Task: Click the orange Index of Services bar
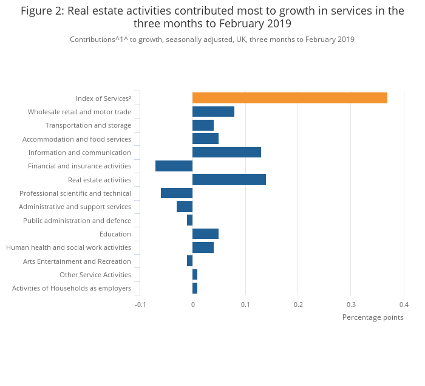click(x=290, y=98)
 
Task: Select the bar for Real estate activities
click(x=229, y=179)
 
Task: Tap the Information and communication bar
click(x=226, y=153)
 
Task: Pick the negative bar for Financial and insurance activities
click(x=174, y=166)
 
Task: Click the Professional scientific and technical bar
click(x=177, y=193)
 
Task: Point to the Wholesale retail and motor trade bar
click(x=213, y=112)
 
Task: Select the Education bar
click(x=205, y=234)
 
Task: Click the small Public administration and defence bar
click(x=189, y=220)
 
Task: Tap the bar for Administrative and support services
click(x=185, y=207)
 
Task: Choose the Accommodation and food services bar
click(x=205, y=139)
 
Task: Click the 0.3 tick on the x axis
click(x=351, y=305)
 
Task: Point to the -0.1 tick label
click(x=140, y=305)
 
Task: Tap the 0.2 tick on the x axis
click(x=298, y=305)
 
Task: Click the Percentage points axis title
click(x=373, y=317)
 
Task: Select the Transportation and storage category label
click(x=88, y=125)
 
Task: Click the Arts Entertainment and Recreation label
click(x=77, y=261)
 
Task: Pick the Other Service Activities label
click(x=95, y=275)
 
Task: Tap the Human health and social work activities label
click(x=69, y=247)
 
